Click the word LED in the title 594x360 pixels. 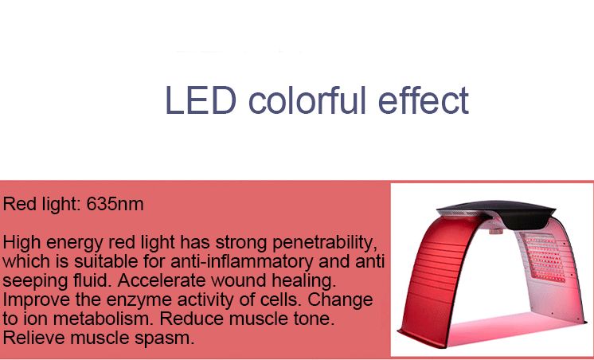tap(201, 102)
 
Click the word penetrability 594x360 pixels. tap(318, 241)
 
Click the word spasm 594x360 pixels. tap(170, 338)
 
